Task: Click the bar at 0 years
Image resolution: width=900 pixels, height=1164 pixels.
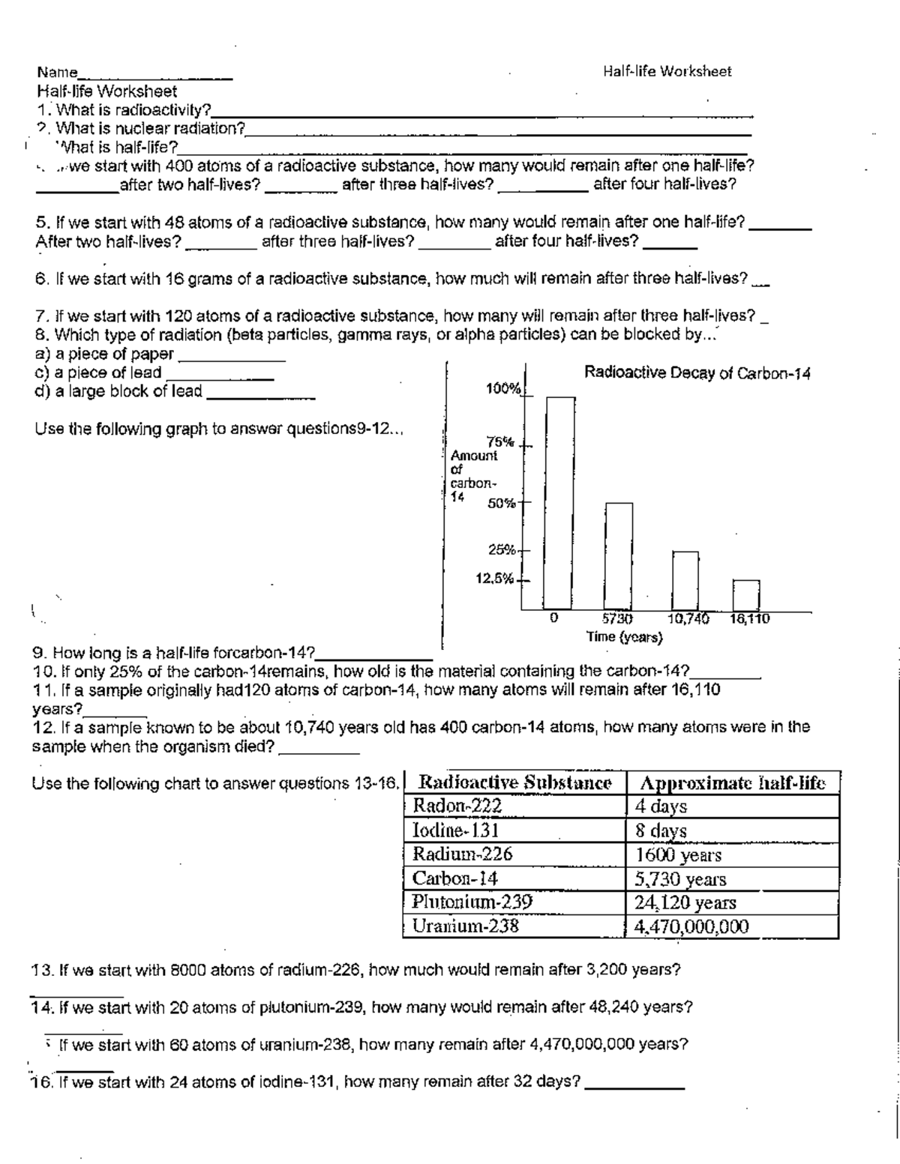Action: [560, 502]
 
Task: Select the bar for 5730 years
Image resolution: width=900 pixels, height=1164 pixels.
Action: [619, 555]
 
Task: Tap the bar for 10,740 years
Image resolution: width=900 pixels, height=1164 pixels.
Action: [685, 580]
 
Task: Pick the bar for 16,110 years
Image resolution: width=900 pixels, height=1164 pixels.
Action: [746, 594]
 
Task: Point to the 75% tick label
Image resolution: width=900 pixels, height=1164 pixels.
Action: [502, 441]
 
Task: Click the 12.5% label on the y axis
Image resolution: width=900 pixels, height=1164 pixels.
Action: [494, 579]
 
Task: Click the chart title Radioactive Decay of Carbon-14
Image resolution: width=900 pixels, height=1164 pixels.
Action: [697, 373]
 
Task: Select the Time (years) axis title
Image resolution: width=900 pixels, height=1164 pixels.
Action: [625, 637]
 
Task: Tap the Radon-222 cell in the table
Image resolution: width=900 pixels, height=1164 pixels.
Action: [457, 806]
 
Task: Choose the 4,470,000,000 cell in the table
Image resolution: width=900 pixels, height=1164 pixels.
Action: [691, 926]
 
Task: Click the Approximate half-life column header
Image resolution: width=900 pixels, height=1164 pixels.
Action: [732, 783]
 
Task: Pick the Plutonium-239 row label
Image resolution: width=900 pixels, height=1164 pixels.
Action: [472, 902]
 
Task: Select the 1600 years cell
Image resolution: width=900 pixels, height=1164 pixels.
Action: [678, 854]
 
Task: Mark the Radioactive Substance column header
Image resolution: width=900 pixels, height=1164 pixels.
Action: [514, 783]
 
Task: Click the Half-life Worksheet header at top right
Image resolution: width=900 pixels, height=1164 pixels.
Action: [667, 71]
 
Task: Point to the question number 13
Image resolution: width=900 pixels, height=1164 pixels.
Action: [41, 970]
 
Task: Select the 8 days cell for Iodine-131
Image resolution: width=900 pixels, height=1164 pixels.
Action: [661, 830]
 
